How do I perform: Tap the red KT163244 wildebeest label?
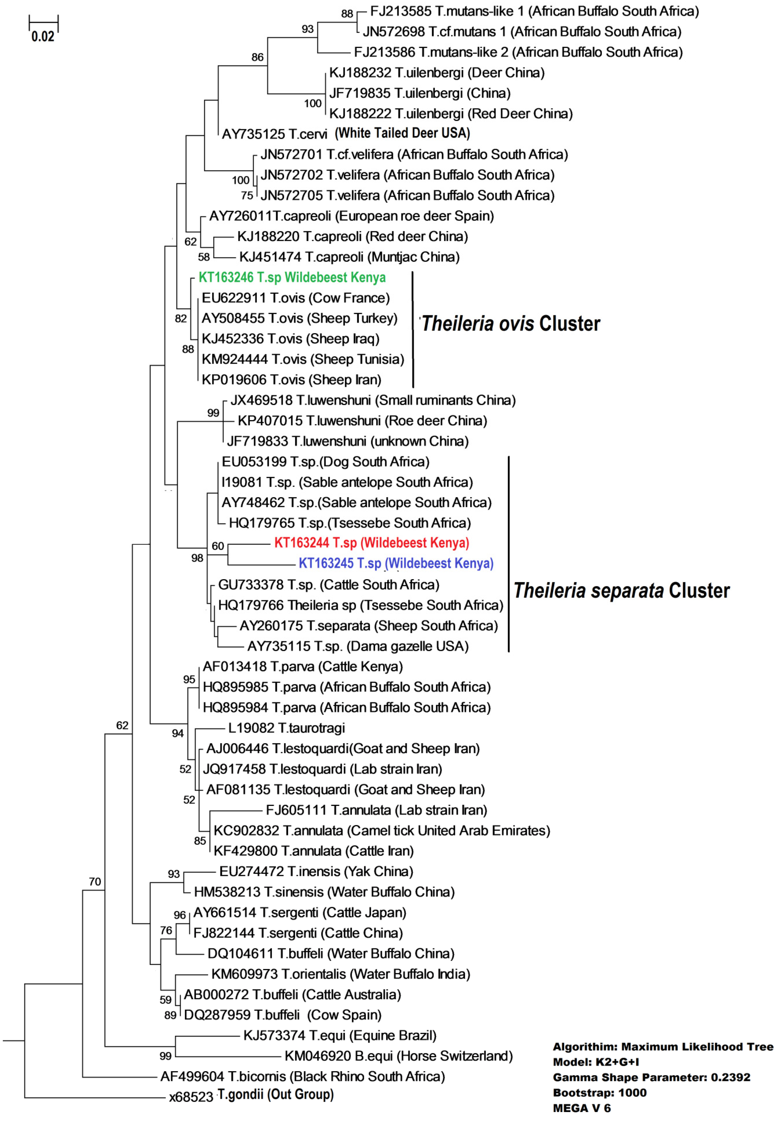point(371,542)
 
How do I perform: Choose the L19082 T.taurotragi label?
point(287,728)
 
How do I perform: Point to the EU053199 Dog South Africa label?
point(325,462)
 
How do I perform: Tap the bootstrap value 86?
point(257,57)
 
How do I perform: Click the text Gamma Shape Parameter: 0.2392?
point(651,1077)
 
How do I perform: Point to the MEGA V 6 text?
point(582,1108)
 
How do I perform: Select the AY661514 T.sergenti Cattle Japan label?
point(299,912)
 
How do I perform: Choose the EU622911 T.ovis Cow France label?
point(295,298)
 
